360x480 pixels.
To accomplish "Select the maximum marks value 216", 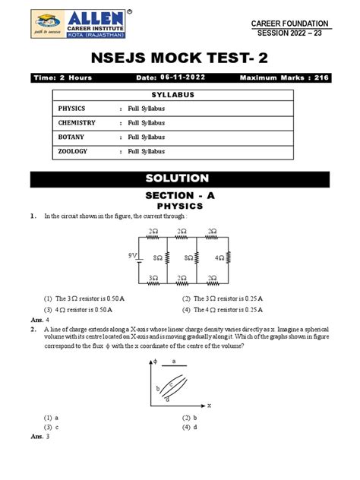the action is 321,79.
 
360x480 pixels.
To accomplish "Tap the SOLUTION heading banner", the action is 180,178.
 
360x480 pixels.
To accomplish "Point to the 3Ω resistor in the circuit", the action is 153,279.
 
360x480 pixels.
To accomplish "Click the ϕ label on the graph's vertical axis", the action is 153,360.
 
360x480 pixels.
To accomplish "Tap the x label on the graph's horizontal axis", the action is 210,406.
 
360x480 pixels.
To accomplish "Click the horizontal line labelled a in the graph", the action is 175,368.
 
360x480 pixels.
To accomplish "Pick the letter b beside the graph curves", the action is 158,389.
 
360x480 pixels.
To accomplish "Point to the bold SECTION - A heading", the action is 180,196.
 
